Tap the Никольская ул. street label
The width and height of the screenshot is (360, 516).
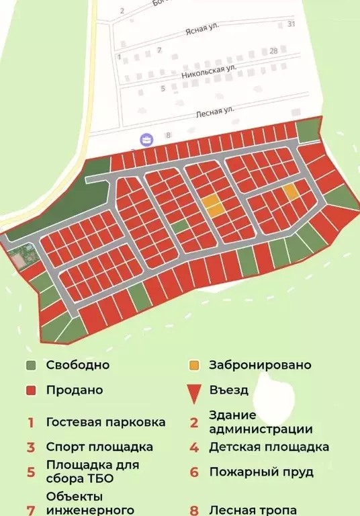(210, 73)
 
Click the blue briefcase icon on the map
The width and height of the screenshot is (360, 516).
(147, 140)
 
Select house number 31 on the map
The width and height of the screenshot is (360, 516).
(291, 24)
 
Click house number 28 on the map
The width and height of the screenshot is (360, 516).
(273, 51)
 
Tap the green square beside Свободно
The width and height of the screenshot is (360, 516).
(31, 366)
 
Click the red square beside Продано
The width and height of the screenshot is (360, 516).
(31, 390)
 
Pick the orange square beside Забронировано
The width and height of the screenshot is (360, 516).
(194, 366)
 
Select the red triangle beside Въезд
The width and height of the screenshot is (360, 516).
(194, 392)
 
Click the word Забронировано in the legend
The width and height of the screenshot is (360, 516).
(260, 365)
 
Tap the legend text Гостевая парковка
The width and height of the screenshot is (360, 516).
(105, 423)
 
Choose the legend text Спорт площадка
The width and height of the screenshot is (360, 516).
(99, 447)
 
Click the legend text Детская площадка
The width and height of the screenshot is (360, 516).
(269, 447)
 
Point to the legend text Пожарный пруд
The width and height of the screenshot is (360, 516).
(261, 472)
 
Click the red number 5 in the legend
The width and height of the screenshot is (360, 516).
(31, 472)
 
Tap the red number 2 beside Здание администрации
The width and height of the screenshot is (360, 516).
(194, 423)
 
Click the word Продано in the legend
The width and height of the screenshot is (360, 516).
(75, 390)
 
